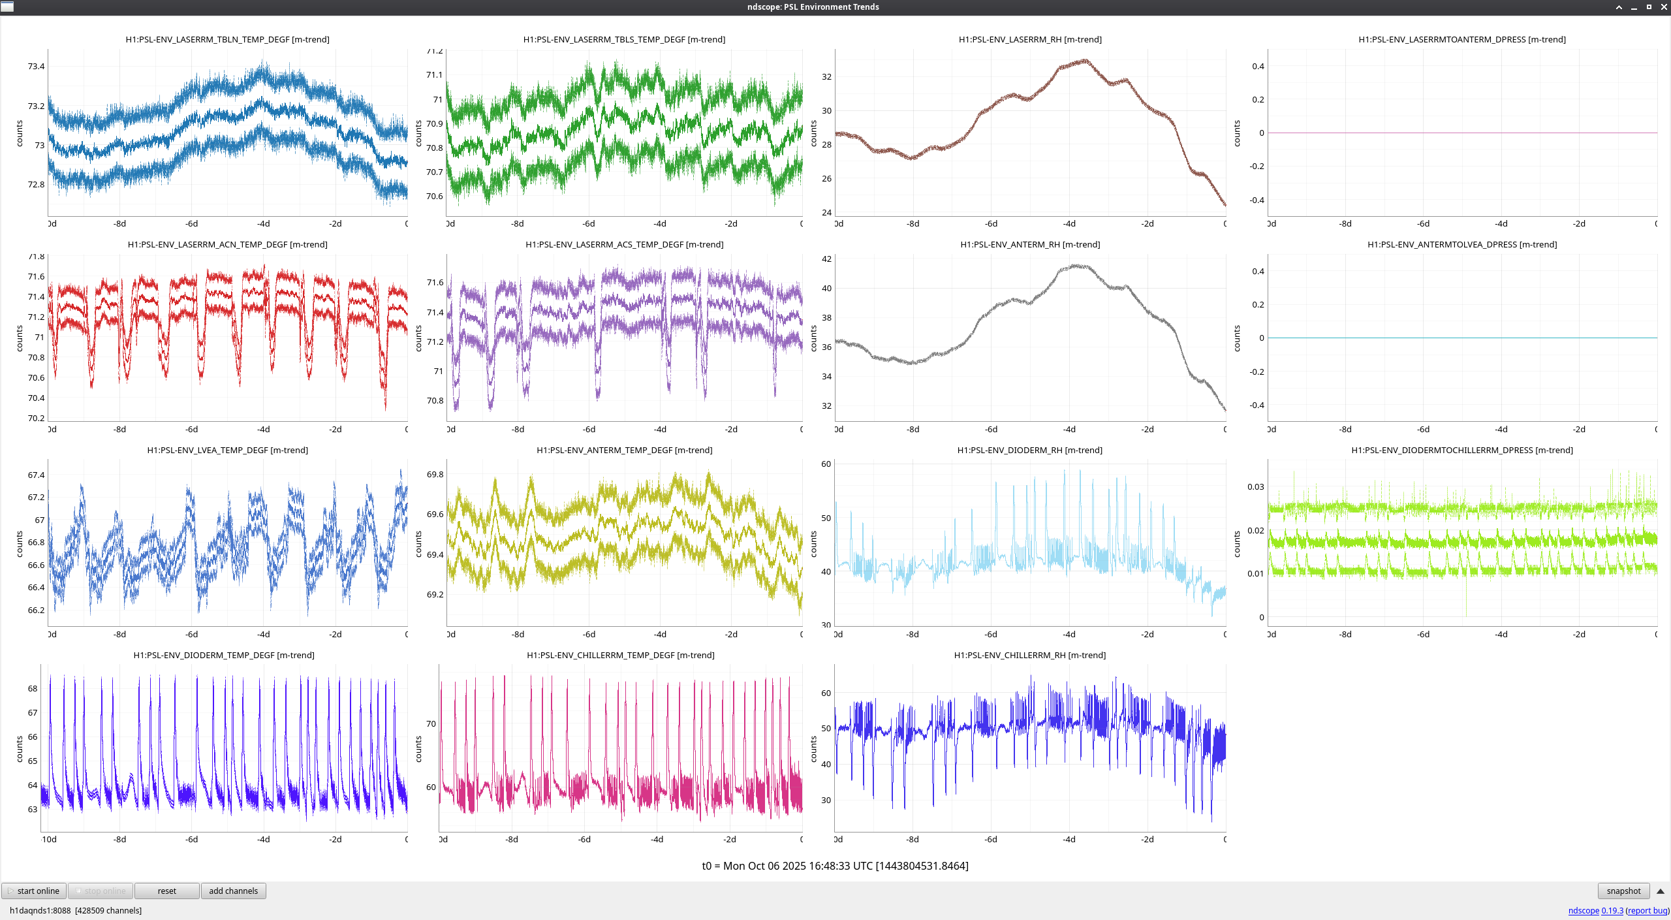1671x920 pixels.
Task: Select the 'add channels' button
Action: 233,891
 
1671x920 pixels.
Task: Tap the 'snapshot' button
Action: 1623,891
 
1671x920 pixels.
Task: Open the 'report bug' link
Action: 1648,910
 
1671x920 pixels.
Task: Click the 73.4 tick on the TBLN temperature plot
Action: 36,67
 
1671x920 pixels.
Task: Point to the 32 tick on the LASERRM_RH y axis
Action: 826,77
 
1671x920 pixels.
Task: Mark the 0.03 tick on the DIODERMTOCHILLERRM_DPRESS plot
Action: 1255,487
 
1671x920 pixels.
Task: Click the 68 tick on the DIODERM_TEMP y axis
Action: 33,689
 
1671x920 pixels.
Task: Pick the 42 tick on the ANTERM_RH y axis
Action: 826,259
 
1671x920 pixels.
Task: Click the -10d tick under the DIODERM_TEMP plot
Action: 49,840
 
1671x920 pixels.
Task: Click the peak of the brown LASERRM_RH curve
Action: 1085,60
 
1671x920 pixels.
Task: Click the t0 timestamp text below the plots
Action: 835,866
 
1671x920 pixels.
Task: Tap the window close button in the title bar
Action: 1663,7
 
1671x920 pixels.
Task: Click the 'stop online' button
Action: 101,891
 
